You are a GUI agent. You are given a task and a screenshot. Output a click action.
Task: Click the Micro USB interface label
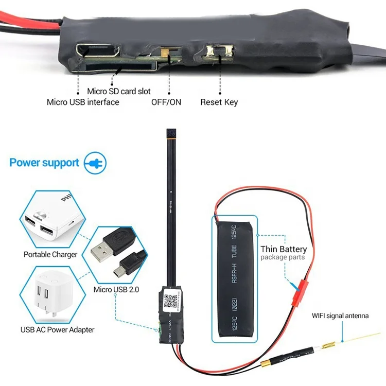(x=83, y=102)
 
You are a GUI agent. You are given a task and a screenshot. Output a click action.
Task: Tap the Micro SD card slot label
(x=119, y=91)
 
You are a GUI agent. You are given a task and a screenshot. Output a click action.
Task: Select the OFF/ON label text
(x=166, y=102)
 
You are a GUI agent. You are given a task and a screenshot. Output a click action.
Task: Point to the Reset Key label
(x=219, y=102)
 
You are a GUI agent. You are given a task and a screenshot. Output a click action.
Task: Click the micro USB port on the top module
(x=98, y=50)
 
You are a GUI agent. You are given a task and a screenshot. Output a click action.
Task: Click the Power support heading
(x=44, y=163)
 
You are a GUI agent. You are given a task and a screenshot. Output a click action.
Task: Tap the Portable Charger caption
(x=50, y=254)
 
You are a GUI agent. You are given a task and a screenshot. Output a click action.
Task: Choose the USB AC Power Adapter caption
(x=57, y=329)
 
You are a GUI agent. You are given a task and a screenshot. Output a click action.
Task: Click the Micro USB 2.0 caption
(x=116, y=289)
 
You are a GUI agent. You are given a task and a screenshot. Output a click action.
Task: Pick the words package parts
(x=283, y=257)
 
